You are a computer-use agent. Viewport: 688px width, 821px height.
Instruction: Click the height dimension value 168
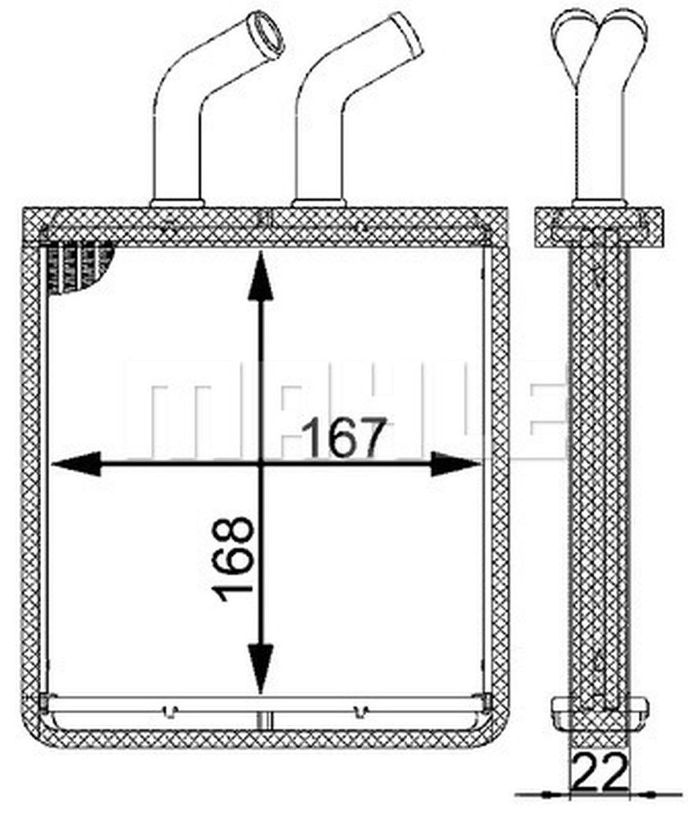pos(235,558)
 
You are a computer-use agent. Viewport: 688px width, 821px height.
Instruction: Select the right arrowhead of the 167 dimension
pos(455,463)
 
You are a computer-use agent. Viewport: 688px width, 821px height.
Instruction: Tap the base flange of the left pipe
pos(177,203)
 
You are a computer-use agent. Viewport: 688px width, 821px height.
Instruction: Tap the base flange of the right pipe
pos(319,203)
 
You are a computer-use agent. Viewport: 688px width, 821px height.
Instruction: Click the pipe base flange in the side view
pos(599,203)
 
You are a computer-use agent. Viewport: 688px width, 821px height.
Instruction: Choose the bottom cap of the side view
pos(600,708)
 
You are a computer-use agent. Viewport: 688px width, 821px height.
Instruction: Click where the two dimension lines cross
pos(260,463)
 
